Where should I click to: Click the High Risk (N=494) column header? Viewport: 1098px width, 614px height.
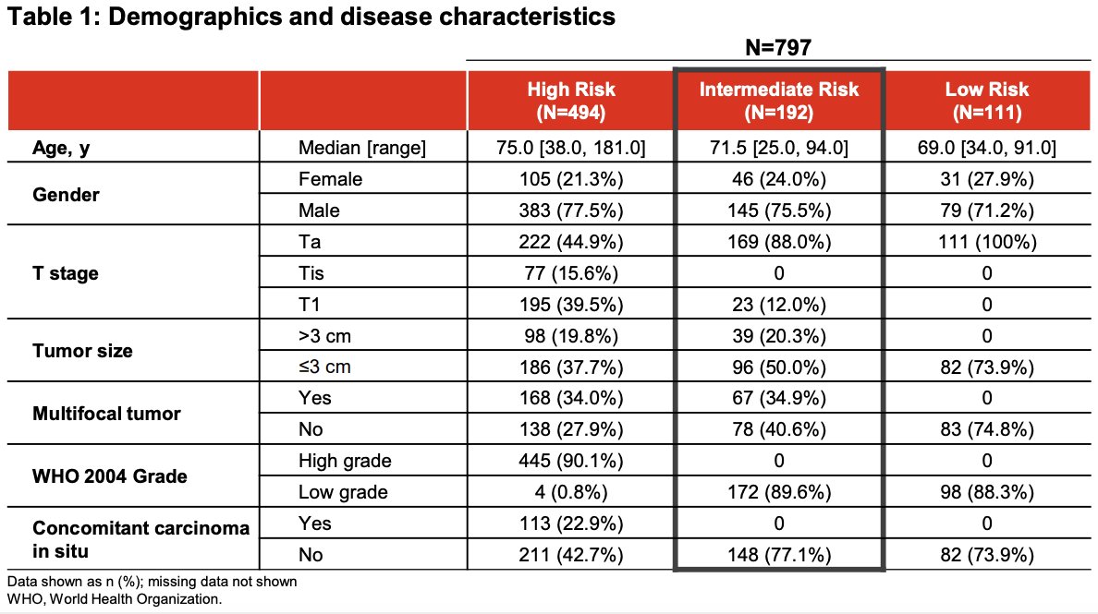coord(571,101)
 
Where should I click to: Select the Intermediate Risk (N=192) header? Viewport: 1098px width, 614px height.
coord(779,101)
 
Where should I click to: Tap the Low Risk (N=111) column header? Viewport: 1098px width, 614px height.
coord(987,101)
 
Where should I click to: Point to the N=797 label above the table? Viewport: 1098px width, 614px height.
coord(778,48)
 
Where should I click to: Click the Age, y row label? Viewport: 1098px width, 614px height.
coord(61,148)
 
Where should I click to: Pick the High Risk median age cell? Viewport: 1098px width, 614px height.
coord(570,148)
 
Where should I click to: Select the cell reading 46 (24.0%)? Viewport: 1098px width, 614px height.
coord(779,179)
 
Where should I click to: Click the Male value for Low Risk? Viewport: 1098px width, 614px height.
coord(987,211)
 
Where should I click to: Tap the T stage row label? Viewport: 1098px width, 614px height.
coord(65,273)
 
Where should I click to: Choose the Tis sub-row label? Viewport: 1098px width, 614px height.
coord(311,272)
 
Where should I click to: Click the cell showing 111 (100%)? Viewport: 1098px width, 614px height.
coord(987,242)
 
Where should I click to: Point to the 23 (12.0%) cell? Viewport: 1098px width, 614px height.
coord(779,305)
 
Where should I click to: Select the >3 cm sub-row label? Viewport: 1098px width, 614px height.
coord(324,336)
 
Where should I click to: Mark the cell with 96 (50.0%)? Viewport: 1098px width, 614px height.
coord(779,367)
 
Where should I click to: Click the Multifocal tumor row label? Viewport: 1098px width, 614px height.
coord(106,414)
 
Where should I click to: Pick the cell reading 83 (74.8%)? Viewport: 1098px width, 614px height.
coord(987,429)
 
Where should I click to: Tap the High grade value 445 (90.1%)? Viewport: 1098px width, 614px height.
coord(570,461)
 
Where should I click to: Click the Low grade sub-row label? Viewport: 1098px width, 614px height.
coord(342,492)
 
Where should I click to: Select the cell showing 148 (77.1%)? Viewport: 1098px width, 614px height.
coord(779,555)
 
